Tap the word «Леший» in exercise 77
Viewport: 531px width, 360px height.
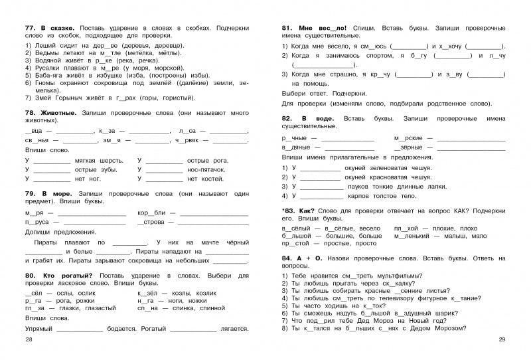pyautogui.click(x=44, y=45)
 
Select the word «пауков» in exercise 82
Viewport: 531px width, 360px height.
pyautogui.click(x=364, y=187)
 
